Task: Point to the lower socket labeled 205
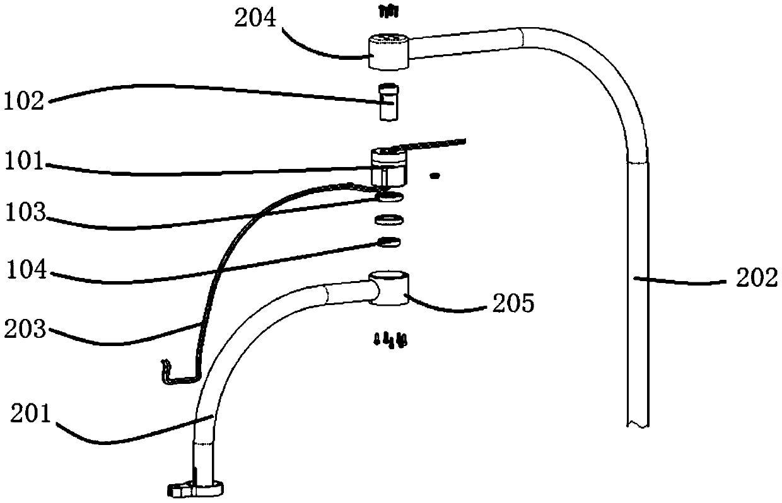click(x=390, y=288)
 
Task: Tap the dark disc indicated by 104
click(x=390, y=241)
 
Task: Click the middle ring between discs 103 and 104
click(x=390, y=220)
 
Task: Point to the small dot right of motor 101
click(x=433, y=176)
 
